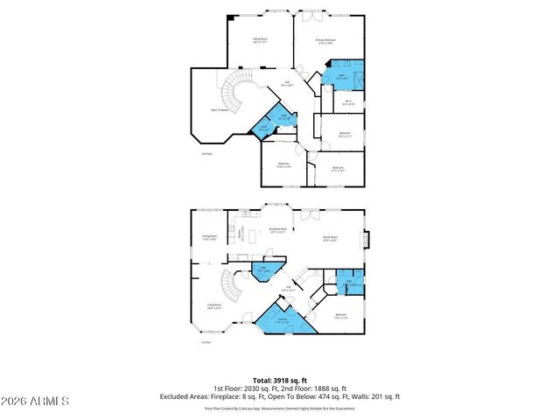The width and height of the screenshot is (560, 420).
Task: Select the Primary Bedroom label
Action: coord(326,40)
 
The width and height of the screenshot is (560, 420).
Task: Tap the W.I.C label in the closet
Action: coord(347,101)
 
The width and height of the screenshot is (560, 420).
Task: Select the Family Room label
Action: coord(329,238)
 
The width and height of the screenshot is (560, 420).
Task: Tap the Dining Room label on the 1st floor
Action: coord(209,237)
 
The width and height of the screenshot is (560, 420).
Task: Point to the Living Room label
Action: coord(213,307)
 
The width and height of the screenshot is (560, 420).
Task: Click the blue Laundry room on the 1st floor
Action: coord(283,320)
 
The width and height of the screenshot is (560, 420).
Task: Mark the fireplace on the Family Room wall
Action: coord(367,239)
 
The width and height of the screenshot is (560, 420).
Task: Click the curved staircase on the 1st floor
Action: coord(229,285)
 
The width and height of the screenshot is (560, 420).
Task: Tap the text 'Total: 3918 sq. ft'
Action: coord(279,381)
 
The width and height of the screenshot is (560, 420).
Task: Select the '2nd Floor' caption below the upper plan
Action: coord(207,154)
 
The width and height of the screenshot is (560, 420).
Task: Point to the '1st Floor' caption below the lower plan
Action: coord(206,342)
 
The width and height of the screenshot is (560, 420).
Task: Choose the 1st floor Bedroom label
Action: coord(340,315)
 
